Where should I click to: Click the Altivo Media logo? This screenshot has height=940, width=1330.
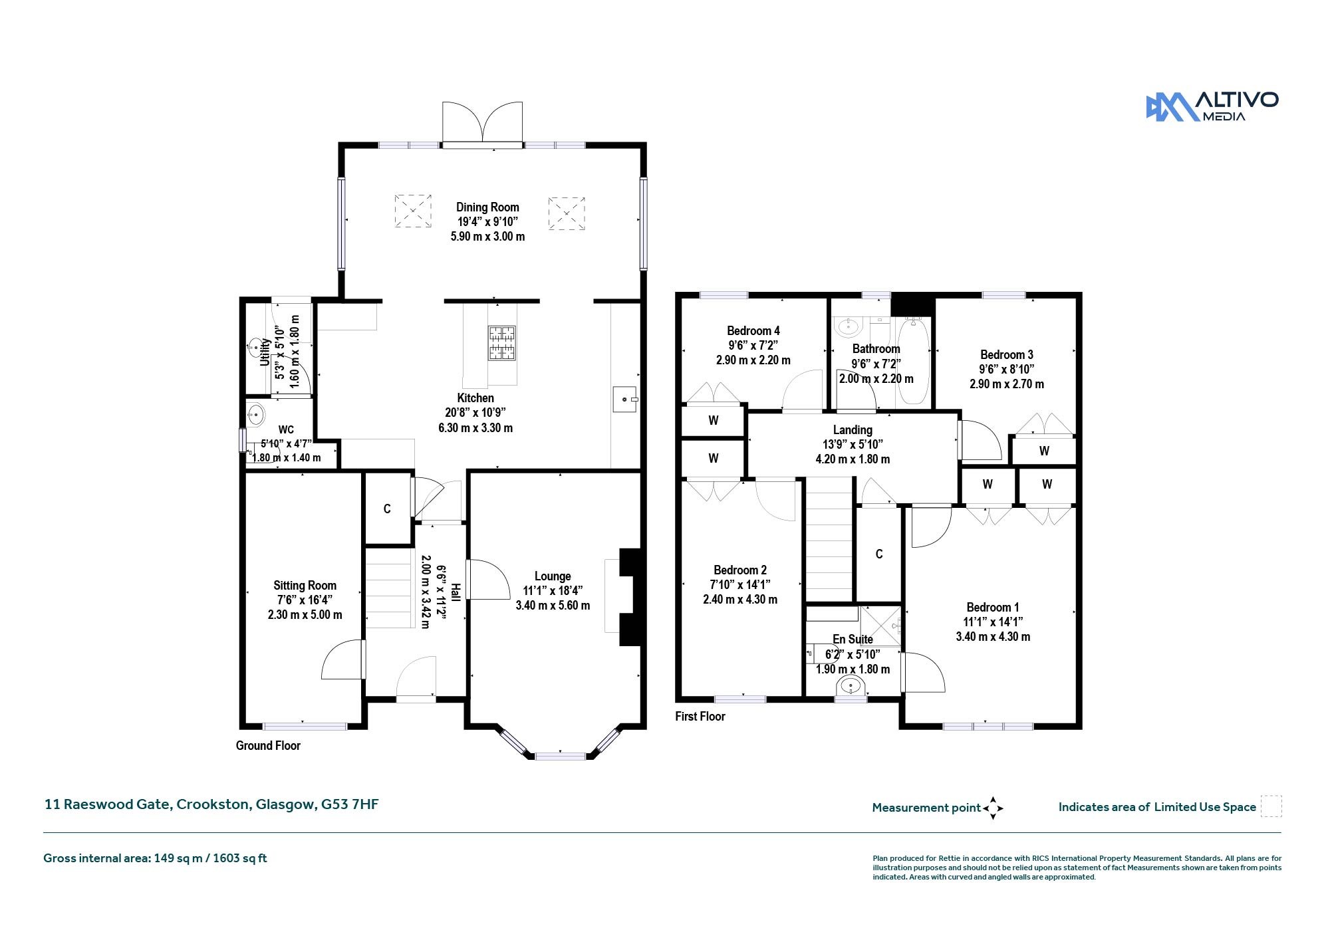(x=1212, y=106)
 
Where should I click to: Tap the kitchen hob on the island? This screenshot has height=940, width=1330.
(x=502, y=342)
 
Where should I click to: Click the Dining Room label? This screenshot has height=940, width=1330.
(x=487, y=207)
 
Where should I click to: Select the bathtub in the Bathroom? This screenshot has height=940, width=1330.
(x=915, y=362)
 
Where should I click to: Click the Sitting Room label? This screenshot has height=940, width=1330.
(x=305, y=586)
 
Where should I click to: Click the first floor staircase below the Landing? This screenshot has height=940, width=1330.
(x=829, y=539)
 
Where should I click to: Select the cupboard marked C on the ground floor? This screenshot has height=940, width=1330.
(x=387, y=509)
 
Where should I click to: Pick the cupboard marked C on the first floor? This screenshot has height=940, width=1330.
(x=879, y=554)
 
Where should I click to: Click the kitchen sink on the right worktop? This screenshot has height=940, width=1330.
(x=625, y=400)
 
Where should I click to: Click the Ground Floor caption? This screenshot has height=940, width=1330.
(x=268, y=746)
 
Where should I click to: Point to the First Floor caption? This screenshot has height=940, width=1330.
(x=700, y=717)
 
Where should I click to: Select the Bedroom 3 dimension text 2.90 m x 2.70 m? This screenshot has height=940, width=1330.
(x=1006, y=384)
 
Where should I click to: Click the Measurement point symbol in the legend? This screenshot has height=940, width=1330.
(x=993, y=808)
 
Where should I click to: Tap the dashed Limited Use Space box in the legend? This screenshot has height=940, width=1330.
(x=1271, y=806)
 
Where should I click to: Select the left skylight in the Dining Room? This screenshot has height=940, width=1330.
(x=413, y=211)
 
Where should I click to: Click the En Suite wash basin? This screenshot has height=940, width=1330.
(x=850, y=685)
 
